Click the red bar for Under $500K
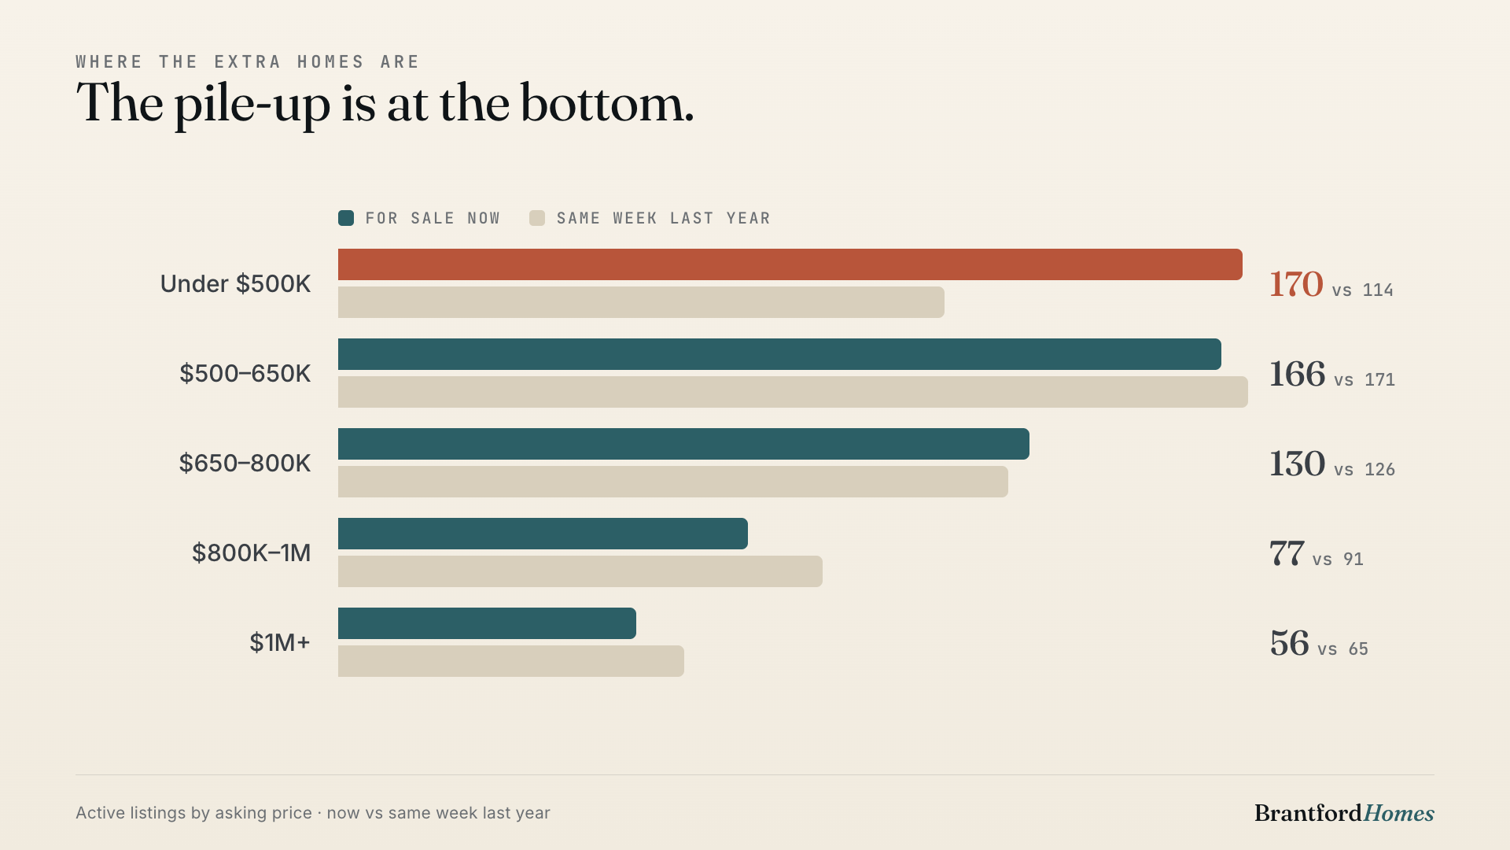[790, 264]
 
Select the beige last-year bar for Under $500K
[641, 302]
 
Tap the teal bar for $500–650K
[779, 354]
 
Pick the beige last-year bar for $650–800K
[673, 482]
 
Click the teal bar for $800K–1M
[543, 534]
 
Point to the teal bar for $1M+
[487, 623]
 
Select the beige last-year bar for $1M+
[511, 661]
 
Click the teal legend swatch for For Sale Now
[346, 218]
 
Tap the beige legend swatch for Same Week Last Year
[537, 218]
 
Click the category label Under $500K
[235, 283]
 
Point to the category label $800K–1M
[251, 552]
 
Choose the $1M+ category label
[280, 642]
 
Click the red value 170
[1296, 284]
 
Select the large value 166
[1297, 374]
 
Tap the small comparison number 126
[1379, 470]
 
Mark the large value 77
[1287, 553]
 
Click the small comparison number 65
[1358, 649]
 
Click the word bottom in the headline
[607, 103]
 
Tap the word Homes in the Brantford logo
[1399, 813]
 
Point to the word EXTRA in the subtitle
[248, 62]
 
